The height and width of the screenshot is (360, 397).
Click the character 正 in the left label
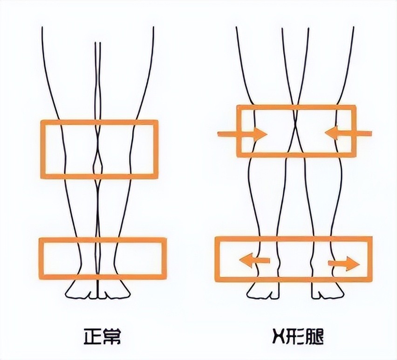click(92, 336)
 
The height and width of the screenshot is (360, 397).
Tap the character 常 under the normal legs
click(111, 336)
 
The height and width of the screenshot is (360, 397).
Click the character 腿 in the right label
click(315, 336)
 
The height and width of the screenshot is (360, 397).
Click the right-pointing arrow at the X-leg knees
click(242, 134)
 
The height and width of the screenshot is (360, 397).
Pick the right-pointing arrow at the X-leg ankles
click(344, 264)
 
